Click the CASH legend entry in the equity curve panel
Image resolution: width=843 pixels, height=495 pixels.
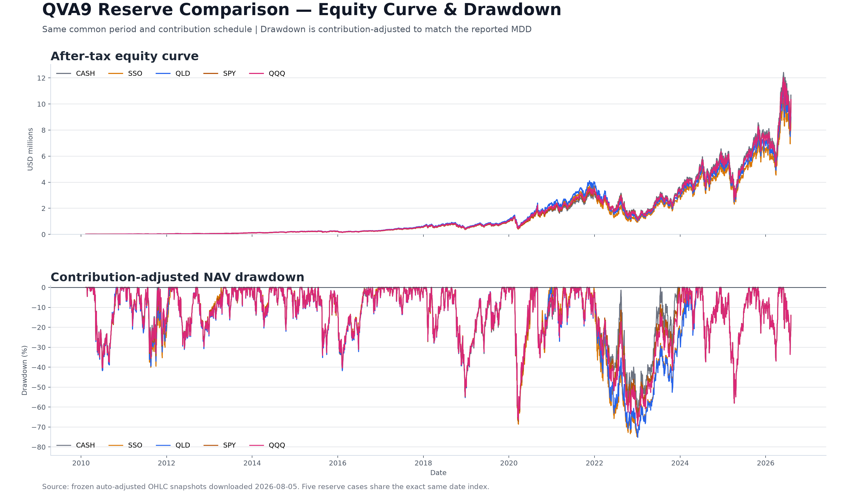(x=75, y=73)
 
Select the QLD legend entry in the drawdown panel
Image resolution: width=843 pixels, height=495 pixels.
(x=173, y=445)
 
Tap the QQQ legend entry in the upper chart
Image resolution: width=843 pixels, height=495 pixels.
(x=267, y=73)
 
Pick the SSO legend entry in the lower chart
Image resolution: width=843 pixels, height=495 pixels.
(x=125, y=445)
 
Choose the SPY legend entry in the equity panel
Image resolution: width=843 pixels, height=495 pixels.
(x=220, y=73)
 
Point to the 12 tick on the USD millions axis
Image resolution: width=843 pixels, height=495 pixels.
(x=41, y=78)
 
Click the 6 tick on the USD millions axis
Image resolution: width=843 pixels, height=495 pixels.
(x=44, y=156)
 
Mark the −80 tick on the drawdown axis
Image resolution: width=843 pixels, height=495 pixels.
(x=39, y=447)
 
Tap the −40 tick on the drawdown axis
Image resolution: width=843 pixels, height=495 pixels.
(x=39, y=367)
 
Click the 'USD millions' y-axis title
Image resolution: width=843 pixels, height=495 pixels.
(x=30, y=149)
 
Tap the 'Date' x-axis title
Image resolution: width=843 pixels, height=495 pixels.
(x=438, y=473)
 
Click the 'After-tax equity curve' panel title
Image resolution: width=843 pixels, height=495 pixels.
(x=125, y=56)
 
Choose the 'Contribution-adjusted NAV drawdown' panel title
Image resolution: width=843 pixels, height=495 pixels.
(x=177, y=277)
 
